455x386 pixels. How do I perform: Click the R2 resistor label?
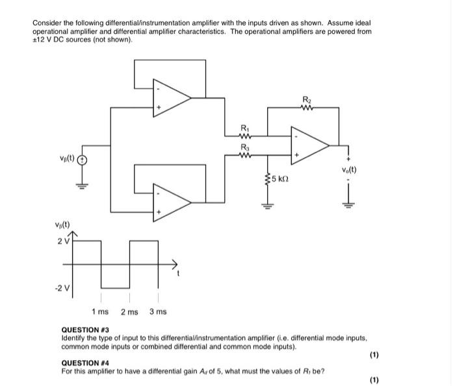(306, 99)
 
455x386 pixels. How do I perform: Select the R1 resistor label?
(244, 127)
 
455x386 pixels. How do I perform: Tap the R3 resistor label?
(244, 146)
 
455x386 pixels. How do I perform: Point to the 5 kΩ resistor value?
(281, 178)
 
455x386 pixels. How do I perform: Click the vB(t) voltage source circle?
(83, 160)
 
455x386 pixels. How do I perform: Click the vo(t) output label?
(349, 171)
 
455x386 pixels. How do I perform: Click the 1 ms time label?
(100, 312)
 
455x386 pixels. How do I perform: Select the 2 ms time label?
(129, 312)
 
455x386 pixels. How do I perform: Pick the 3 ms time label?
(158, 312)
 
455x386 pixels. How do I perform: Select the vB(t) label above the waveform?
(63, 226)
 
